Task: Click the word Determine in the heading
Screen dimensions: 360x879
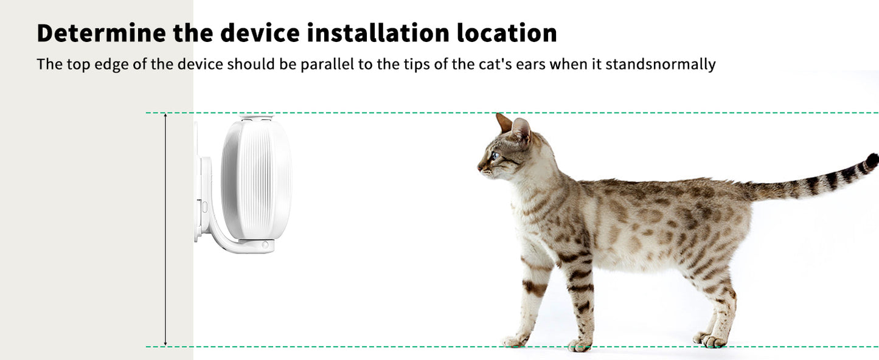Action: (x=100, y=33)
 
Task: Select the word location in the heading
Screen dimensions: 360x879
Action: (x=507, y=33)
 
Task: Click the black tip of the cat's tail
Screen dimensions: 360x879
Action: (x=872, y=161)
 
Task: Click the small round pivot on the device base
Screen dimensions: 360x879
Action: (x=265, y=244)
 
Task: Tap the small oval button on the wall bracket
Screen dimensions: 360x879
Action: (x=204, y=207)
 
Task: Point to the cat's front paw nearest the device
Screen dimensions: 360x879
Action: (x=514, y=341)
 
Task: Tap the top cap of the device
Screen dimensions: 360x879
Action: (x=256, y=117)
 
